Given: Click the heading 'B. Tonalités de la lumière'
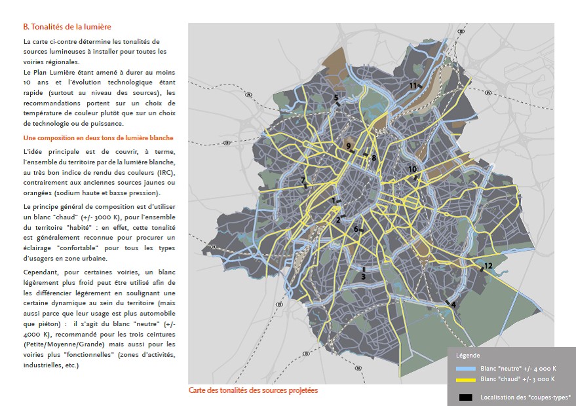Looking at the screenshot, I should pyautogui.click(x=67, y=27).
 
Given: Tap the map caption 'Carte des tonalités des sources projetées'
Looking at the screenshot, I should pyautogui.click(x=252, y=390).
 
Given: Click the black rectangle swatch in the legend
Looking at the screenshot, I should pyautogui.click(x=465, y=397).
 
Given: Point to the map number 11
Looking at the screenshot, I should pyautogui.click(x=413, y=86).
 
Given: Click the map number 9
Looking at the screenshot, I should pyautogui.click(x=349, y=146).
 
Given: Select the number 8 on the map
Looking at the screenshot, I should pyautogui.click(x=374, y=158).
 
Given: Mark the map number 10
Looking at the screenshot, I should pyautogui.click(x=412, y=170).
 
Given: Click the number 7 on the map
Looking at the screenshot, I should pyautogui.click(x=302, y=180).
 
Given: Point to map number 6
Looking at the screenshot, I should pyautogui.click(x=356, y=229).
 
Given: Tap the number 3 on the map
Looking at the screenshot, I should pyautogui.click(x=362, y=276).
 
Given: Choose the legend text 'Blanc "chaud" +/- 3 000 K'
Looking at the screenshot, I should pyautogui.click(x=517, y=379).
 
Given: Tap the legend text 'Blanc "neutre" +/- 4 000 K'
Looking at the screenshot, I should pyautogui.click(x=518, y=369).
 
